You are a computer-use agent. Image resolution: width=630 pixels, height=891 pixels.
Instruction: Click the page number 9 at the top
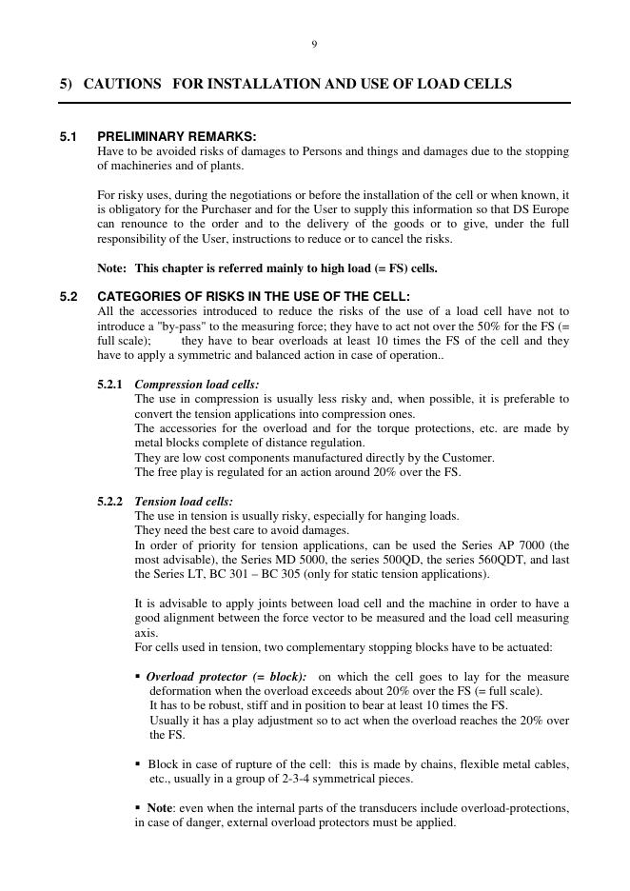point(314,45)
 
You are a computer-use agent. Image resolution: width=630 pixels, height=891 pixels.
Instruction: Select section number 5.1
point(69,136)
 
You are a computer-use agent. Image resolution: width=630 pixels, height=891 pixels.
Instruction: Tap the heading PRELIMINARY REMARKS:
point(177,136)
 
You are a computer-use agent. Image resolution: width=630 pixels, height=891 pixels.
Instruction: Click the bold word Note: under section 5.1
point(113,268)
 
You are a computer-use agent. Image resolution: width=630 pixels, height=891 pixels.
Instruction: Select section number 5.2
point(69,297)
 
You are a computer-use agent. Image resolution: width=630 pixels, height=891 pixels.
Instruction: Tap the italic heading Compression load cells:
point(197,385)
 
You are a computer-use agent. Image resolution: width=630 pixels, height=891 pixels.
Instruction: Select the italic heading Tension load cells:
point(184,502)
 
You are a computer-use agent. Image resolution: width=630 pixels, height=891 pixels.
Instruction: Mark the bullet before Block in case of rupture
point(139,764)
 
